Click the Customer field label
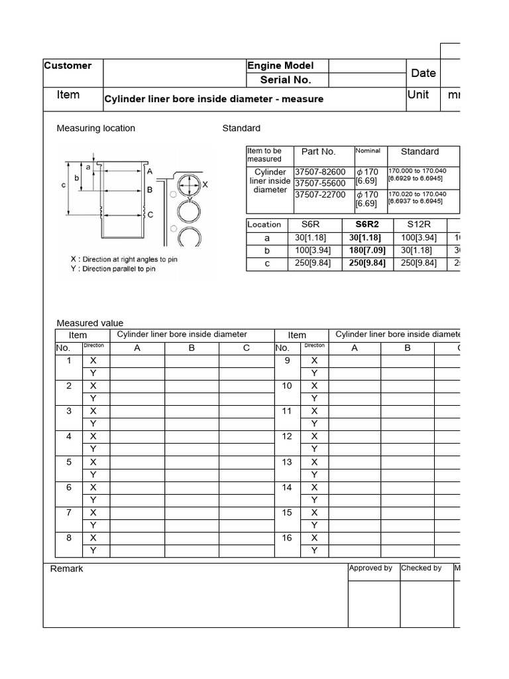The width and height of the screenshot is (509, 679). tap(68, 66)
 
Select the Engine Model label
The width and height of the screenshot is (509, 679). tap(280, 66)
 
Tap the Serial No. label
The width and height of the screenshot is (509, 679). tap(285, 80)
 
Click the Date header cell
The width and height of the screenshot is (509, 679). tap(424, 73)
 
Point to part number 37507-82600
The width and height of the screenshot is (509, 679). tap(320, 172)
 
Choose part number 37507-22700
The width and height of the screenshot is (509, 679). tap(320, 194)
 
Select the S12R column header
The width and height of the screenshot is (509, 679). tap(419, 224)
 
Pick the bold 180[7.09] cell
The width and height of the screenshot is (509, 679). tap(367, 251)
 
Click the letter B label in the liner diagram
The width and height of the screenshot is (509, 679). tap(150, 190)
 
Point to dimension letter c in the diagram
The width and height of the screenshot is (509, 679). tap(64, 185)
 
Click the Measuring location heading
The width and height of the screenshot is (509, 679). tap(96, 128)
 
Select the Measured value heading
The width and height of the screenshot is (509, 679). tap(90, 323)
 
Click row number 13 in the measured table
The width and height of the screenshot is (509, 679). tap(287, 462)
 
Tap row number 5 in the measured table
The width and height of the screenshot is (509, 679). tap(69, 462)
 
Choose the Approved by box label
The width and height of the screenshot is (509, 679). tap(370, 568)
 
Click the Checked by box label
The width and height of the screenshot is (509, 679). tap(422, 568)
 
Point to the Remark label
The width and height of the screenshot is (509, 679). tap(67, 569)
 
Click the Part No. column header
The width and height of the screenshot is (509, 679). tap(319, 152)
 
